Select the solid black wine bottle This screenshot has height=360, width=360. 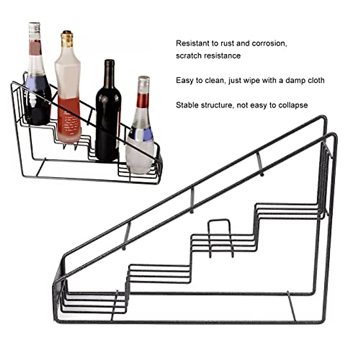point(108,120)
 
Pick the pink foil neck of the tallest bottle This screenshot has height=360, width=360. point(35,48)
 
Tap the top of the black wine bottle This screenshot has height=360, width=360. point(109,61)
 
